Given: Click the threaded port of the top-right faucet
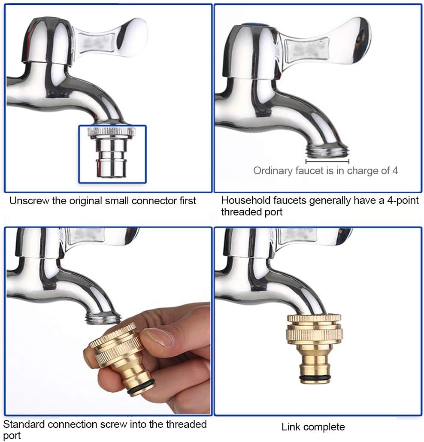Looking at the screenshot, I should click(x=327, y=151).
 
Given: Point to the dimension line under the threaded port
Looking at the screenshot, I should click(x=327, y=162).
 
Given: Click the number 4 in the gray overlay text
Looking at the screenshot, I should click(x=394, y=171).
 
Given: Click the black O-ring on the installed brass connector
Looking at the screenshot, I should click(x=315, y=377).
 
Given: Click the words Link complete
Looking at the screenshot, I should click(x=313, y=427).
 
